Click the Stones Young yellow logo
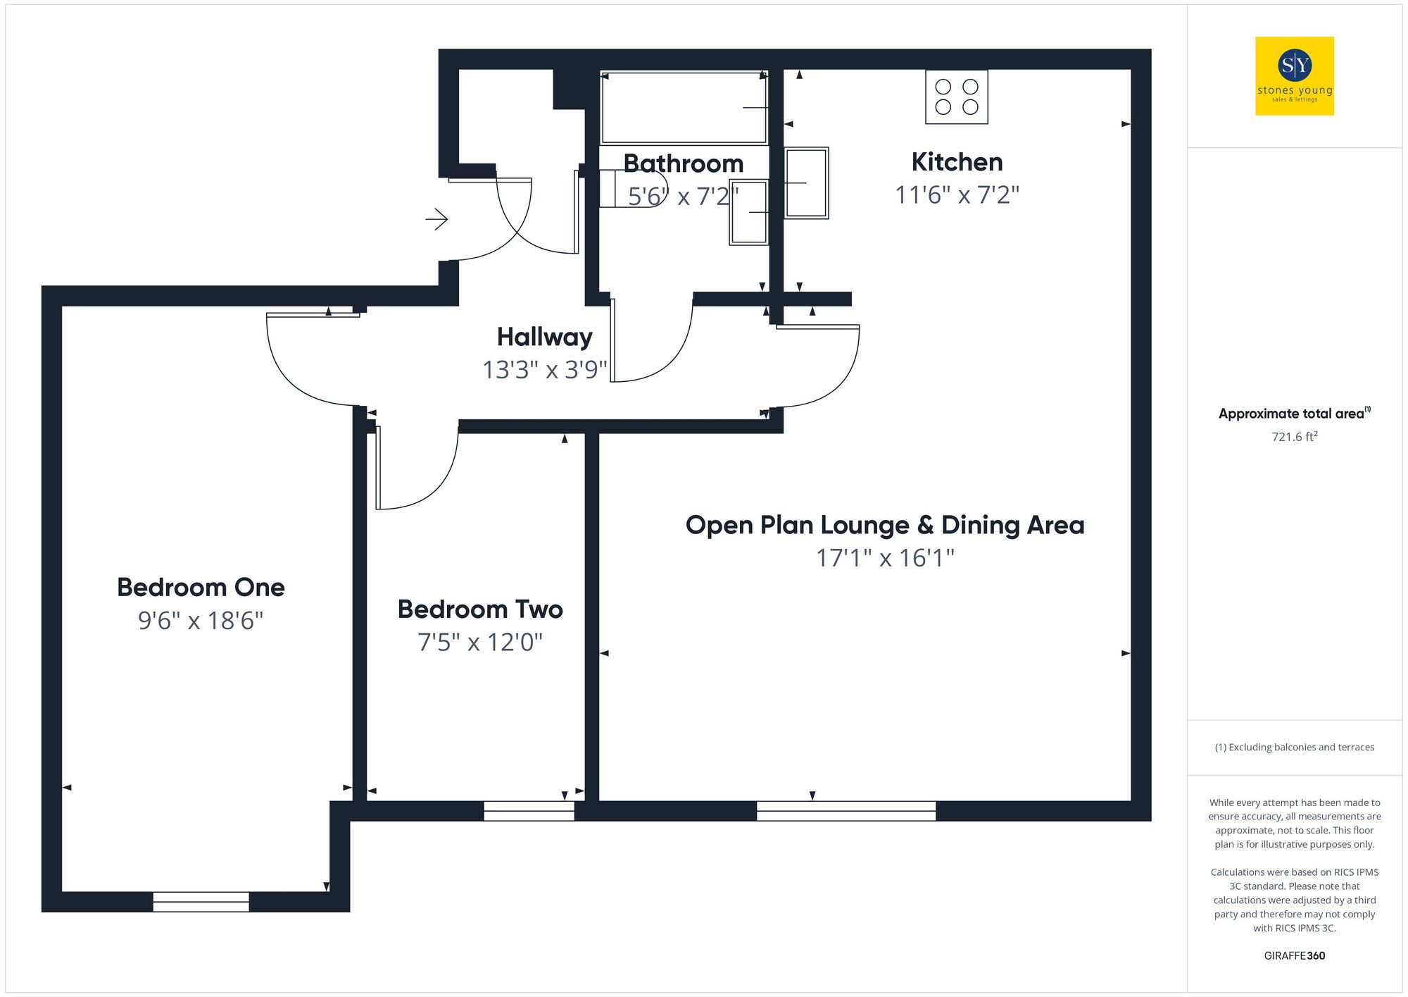[1294, 76]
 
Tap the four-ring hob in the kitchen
[956, 97]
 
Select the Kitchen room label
[957, 162]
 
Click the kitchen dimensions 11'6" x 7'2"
[957, 195]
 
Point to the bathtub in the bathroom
[684, 108]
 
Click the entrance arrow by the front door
[436, 219]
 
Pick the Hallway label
[544, 337]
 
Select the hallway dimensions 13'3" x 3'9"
[544, 370]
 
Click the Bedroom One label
[201, 587]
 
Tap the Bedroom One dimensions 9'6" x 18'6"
[201, 621]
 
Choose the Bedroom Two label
[480, 609]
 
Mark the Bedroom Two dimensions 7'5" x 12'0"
[480, 643]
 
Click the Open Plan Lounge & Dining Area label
[885, 525]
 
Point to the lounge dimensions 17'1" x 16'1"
[885, 558]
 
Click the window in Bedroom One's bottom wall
[201, 901]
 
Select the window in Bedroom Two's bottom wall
[529, 811]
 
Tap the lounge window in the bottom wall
[846, 811]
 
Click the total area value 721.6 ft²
[1294, 437]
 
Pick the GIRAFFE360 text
[1294, 955]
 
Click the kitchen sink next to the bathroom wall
[806, 183]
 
